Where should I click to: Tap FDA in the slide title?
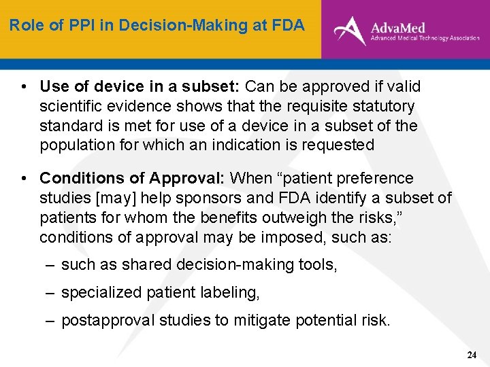pos(289,26)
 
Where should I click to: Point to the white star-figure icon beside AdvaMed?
pos(350,30)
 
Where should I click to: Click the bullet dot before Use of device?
pos(24,87)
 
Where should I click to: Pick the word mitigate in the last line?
pos(261,321)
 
